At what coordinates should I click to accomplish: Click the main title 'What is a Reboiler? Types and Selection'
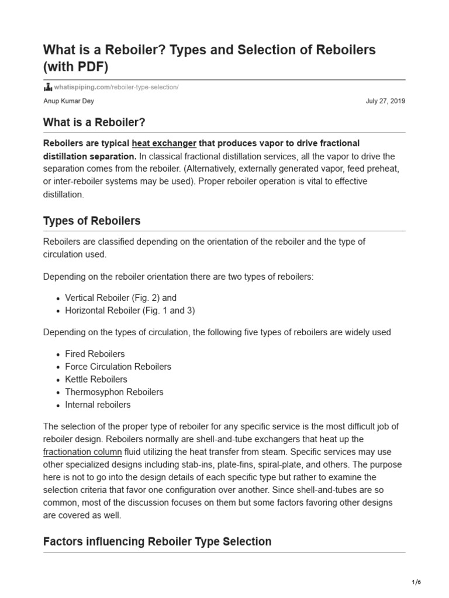pyautogui.click(x=209, y=50)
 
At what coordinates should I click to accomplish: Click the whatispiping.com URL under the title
pyautogui.click(x=116, y=87)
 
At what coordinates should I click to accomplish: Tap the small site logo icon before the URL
pyautogui.click(x=48, y=87)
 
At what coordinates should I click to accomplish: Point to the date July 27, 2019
pyautogui.click(x=385, y=101)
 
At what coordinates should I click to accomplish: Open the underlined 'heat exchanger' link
pyautogui.click(x=164, y=144)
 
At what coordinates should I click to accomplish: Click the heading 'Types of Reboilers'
pyautogui.click(x=92, y=221)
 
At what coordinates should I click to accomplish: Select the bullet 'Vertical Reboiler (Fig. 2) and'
pyautogui.click(x=120, y=298)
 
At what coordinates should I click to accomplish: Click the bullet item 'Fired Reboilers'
pyautogui.click(x=95, y=354)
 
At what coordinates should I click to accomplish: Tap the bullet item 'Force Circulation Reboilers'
pyautogui.click(x=118, y=367)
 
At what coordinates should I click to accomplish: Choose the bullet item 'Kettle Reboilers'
pyautogui.click(x=96, y=380)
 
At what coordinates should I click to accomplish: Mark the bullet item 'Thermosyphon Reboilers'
pyautogui.click(x=114, y=392)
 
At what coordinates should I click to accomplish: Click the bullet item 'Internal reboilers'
pyautogui.click(x=98, y=405)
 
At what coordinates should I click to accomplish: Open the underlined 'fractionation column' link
pyautogui.click(x=82, y=452)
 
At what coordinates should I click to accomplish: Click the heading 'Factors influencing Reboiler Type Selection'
pyautogui.click(x=157, y=541)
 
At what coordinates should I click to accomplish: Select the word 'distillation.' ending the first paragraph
pyautogui.click(x=64, y=194)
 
